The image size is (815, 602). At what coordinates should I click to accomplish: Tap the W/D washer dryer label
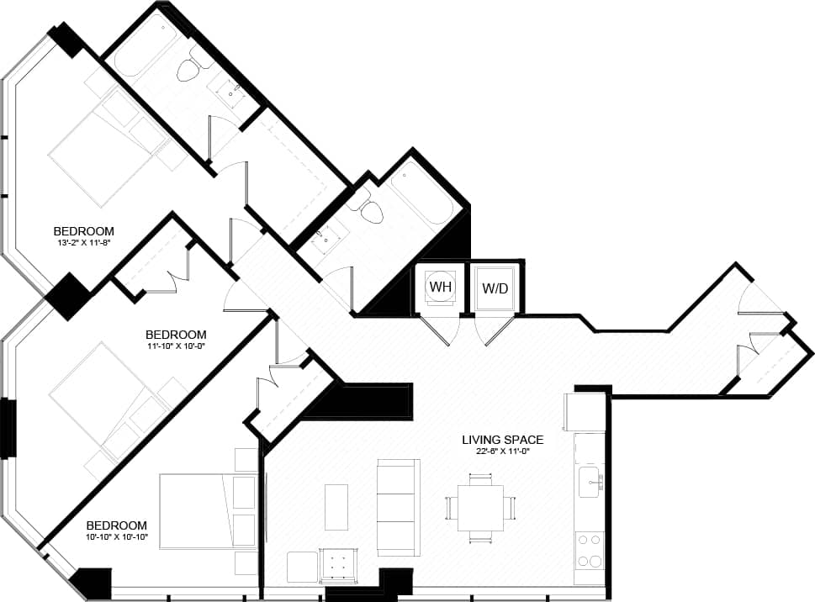495,288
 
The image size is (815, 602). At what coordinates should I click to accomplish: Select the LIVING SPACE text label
502,439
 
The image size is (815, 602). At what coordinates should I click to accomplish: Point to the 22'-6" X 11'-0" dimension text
502,451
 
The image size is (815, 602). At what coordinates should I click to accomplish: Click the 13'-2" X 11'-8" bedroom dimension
83,244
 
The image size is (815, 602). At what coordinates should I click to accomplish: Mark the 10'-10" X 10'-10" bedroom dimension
116,536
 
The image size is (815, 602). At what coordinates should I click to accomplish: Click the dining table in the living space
480,508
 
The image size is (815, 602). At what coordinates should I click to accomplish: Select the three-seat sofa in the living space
398,507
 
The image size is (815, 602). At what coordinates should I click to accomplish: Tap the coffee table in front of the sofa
336,507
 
